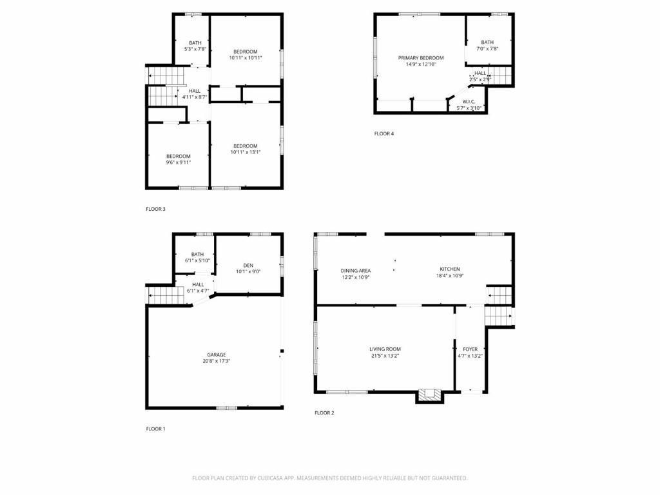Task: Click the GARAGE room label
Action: pyautogui.click(x=217, y=354)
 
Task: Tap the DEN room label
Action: pyautogui.click(x=248, y=265)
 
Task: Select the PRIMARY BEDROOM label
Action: pyautogui.click(x=421, y=58)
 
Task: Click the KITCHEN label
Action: pyautogui.click(x=450, y=269)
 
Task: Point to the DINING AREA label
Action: pyautogui.click(x=356, y=271)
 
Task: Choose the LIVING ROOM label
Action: pyautogui.click(x=385, y=349)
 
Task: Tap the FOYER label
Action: pyautogui.click(x=471, y=349)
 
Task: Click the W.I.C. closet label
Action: pyautogui.click(x=469, y=102)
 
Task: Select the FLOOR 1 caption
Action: pyautogui.click(x=155, y=429)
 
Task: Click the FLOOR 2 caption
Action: pyautogui.click(x=324, y=412)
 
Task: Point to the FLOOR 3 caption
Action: pyautogui.click(x=155, y=209)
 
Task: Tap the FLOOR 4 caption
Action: pyautogui.click(x=384, y=134)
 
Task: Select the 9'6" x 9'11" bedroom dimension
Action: pyautogui.click(x=179, y=162)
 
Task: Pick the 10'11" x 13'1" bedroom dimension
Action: pyautogui.click(x=246, y=152)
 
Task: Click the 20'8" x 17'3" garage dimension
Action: pyautogui.click(x=217, y=361)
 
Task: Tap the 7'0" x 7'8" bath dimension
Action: pyautogui.click(x=487, y=48)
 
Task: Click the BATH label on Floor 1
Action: pyautogui.click(x=197, y=254)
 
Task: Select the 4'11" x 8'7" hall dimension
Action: pyautogui.click(x=195, y=97)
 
